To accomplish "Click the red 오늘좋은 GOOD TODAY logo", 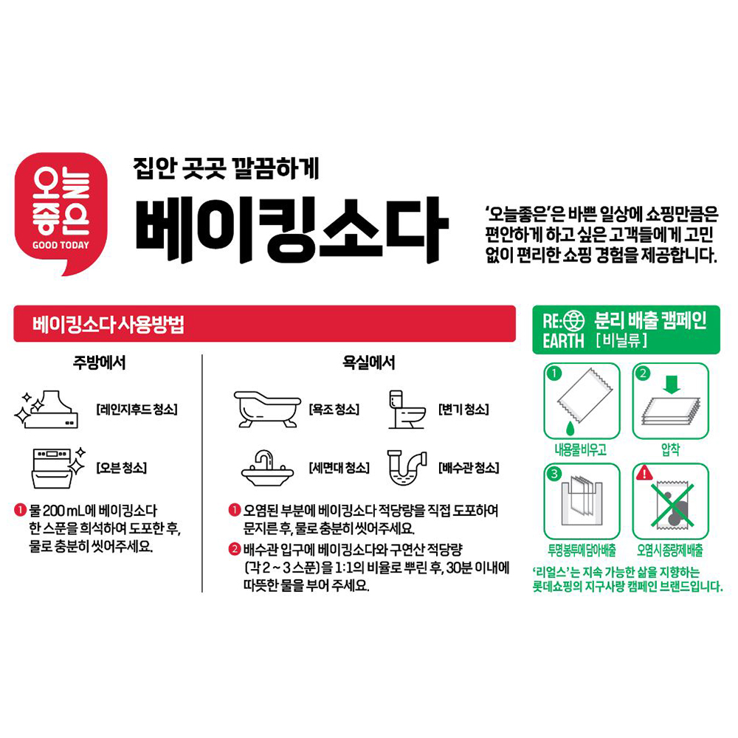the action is (x=61, y=214).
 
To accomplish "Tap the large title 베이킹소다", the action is (x=292, y=230).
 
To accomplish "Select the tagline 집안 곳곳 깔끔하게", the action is (x=226, y=168).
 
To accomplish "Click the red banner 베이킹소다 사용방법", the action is (x=264, y=324).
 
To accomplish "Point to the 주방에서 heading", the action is (x=99, y=362).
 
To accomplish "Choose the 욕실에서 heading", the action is (x=368, y=362).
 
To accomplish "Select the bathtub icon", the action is (x=267, y=409).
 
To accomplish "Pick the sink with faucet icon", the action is (x=267, y=468).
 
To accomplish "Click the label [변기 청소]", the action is (x=463, y=409).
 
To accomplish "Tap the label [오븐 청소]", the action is (x=122, y=468).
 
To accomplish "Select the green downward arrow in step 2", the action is (x=671, y=384).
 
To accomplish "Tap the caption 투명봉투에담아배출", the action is (x=582, y=550).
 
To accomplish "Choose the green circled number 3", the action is (x=554, y=474).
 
